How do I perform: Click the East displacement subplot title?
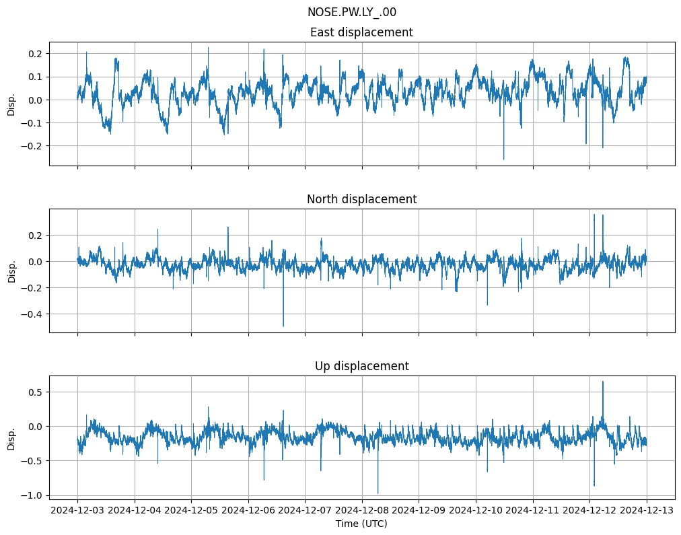(361, 32)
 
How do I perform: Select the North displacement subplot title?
(361, 199)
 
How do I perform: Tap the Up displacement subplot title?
(361, 366)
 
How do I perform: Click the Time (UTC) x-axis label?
(361, 524)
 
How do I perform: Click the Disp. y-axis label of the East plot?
(11, 104)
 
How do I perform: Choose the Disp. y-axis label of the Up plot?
(11, 438)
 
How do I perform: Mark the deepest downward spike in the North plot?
(283, 326)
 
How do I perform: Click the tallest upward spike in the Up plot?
(602, 382)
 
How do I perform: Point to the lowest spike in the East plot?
(503, 159)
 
